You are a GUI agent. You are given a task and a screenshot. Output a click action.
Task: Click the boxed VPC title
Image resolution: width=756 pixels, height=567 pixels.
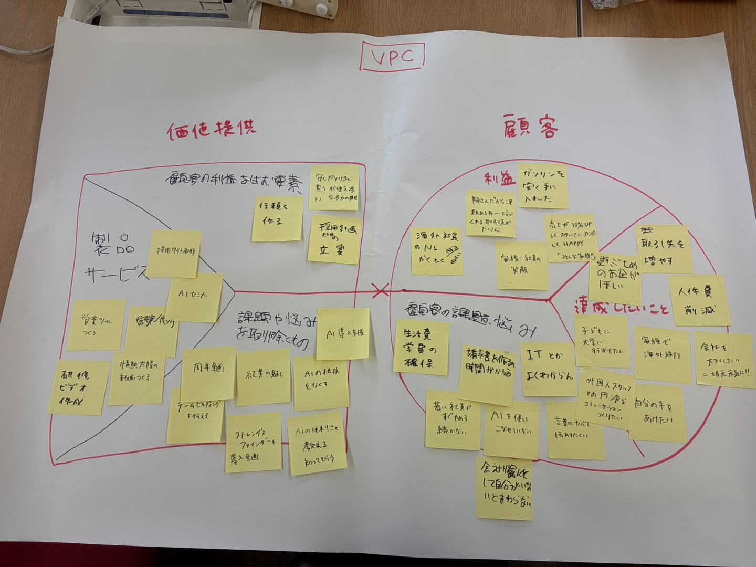pos(392,57)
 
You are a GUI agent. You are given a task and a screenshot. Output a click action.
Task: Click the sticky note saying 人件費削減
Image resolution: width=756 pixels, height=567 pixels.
pos(699,300)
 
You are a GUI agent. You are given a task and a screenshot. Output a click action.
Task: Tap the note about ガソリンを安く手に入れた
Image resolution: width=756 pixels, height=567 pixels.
pos(543,186)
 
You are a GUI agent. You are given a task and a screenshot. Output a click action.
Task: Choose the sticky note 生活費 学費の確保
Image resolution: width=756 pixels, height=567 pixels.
pos(421,348)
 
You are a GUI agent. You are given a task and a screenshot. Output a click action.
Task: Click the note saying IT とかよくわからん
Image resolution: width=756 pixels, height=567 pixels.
pos(548,368)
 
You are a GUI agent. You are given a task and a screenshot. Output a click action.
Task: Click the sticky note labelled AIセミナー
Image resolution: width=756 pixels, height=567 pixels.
pos(194,297)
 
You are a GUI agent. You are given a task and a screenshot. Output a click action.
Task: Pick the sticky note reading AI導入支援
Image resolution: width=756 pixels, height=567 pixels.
pos(344,333)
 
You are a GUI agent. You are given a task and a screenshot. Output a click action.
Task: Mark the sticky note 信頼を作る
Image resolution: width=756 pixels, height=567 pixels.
pos(277,219)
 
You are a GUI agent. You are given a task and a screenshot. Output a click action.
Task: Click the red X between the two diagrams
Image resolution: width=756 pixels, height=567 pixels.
pos(381,290)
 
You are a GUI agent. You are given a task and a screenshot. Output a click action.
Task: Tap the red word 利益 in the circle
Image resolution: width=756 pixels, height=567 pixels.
pos(500,179)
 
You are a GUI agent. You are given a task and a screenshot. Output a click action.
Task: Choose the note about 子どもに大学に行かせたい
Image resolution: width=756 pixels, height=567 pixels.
pos(602,342)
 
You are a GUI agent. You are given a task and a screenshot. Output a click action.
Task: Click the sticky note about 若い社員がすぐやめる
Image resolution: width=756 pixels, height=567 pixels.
pos(452,419)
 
